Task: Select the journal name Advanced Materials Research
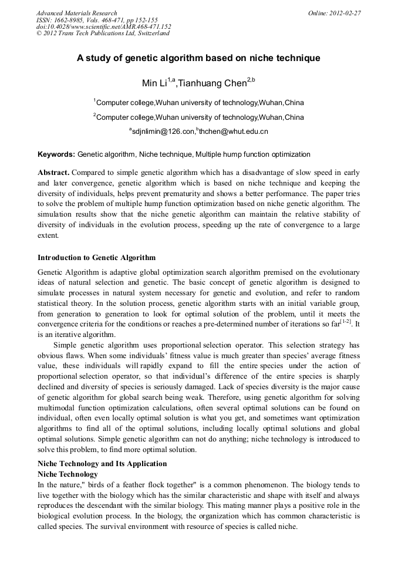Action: [x=76, y=13]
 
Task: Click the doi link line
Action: [x=103, y=26]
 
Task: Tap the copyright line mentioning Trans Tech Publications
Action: [x=103, y=33]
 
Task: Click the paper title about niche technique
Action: [x=198, y=58]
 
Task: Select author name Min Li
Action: [x=155, y=83]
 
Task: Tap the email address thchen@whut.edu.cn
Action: [x=234, y=132]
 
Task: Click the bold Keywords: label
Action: [x=56, y=154]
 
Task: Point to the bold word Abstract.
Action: [x=53, y=173]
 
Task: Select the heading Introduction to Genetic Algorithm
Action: [x=96, y=257]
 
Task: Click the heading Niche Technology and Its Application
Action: [x=102, y=463]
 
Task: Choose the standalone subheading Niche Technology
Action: [x=68, y=474]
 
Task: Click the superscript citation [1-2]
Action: [x=346, y=322]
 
